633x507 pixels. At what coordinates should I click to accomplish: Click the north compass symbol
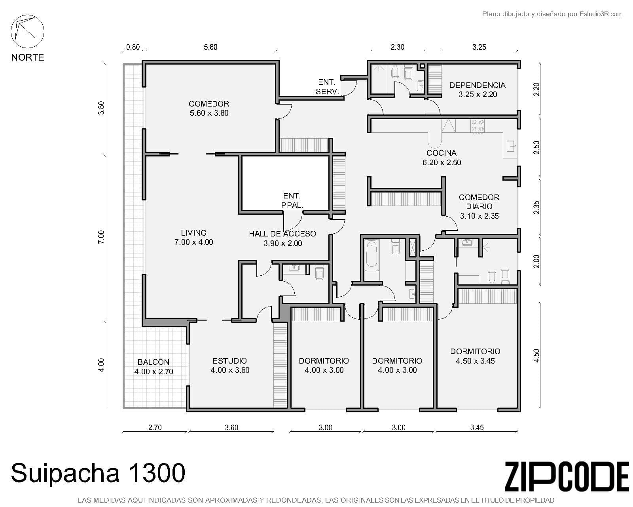click(27, 31)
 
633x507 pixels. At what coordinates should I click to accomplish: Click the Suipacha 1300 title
click(98, 473)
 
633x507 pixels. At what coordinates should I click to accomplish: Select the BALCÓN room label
click(154, 366)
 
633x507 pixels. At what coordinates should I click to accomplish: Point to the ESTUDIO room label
click(230, 365)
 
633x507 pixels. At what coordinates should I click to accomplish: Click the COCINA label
click(442, 158)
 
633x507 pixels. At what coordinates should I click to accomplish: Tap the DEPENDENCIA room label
click(478, 90)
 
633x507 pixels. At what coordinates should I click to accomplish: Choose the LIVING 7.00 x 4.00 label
click(193, 237)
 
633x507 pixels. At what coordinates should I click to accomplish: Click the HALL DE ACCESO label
click(282, 238)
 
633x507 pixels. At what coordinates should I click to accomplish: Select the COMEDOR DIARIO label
click(479, 206)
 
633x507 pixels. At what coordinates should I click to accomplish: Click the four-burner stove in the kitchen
click(478, 126)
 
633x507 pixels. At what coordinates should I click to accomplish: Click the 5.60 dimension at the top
click(210, 47)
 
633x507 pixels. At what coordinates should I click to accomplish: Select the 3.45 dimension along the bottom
click(477, 427)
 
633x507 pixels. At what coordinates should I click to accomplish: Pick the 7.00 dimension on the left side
click(101, 237)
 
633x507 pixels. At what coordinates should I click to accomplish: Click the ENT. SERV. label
click(327, 87)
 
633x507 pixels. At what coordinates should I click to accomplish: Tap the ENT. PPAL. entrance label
click(292, 200)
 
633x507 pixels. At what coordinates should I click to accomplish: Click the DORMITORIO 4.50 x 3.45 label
click(475, 356)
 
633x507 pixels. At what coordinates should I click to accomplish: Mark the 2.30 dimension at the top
click(397, 47)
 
